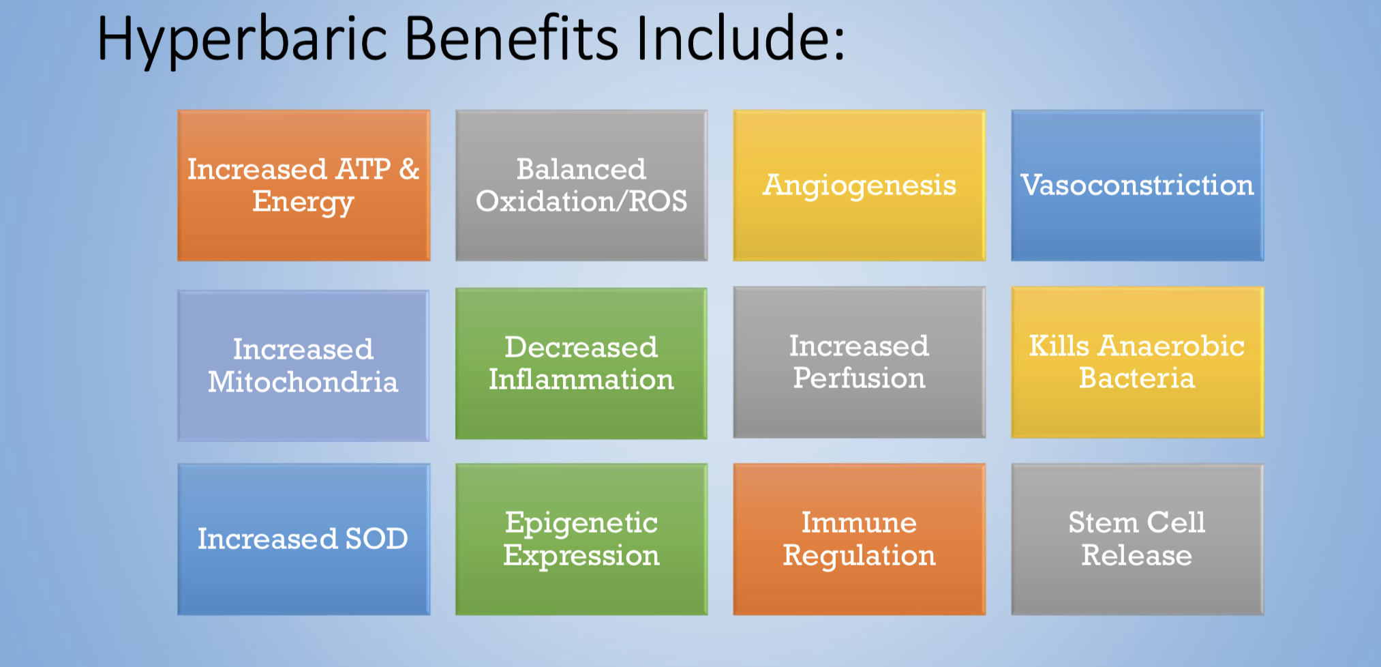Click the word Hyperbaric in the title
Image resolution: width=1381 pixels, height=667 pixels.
click(x=243, y=40)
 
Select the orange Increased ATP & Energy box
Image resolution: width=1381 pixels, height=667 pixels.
click(x=304, y=186)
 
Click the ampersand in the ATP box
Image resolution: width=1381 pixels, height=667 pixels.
click(x=409, y=169)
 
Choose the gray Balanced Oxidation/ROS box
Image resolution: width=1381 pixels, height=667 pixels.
click(x=581, y=186)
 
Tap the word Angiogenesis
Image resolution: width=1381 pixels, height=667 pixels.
click(x=860, y=186)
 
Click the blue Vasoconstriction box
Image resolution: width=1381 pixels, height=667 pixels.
click(x=1138, y=186)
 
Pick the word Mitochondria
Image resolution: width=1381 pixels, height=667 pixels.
click(x=303, y=382)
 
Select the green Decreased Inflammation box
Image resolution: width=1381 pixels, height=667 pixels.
click(x=581, y=364)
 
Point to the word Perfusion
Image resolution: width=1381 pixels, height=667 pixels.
click(x=860, y=379)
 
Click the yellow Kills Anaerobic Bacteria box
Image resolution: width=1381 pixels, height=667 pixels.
click(x=1138, y=362)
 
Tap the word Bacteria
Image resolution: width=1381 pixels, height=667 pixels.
click(x=1137, y=379)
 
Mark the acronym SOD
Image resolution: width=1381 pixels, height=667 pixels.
click(x=376, y=539)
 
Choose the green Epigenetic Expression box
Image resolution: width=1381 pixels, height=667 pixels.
click(x=581, y=539)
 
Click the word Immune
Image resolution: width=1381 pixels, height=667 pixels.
click(x=860, y=523)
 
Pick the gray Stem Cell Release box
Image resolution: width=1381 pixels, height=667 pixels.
click(x=1138, y=539)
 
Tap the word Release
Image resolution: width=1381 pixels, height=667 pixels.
click(x=1137, y=555)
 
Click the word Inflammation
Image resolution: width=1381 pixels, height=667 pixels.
click(x=581, y=380)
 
